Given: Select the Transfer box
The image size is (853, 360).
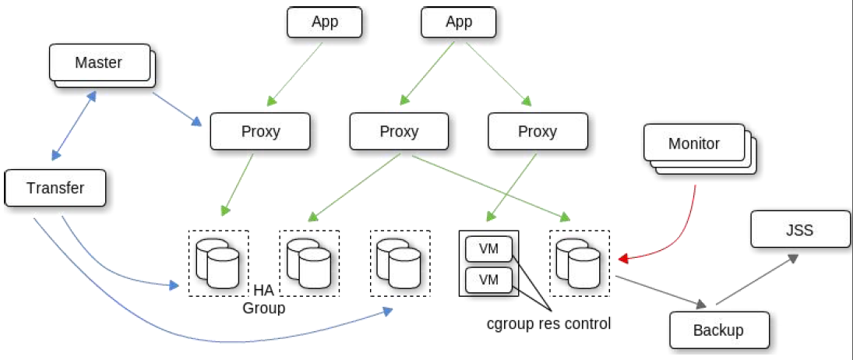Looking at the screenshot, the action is point(55,188).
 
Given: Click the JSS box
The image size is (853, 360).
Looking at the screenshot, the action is point(799,230).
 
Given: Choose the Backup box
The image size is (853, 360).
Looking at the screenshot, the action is point(719,330).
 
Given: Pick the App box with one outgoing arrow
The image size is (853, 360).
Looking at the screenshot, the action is point(324,22).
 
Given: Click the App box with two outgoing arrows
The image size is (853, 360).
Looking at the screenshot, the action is point(459,22).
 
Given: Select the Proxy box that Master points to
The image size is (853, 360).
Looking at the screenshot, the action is point(260,131).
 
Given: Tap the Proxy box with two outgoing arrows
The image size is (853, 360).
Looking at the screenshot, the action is point(399,131).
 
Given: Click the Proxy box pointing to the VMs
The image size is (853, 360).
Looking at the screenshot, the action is point(538,131).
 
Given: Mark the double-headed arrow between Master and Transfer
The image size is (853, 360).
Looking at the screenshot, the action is point(74,125).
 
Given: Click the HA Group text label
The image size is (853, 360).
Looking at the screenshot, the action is point(264,300).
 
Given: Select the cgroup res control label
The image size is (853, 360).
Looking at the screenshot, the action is point(549,324).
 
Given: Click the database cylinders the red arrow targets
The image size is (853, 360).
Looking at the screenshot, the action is point(580,263).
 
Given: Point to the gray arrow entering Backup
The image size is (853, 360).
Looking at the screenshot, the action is point(661,291).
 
